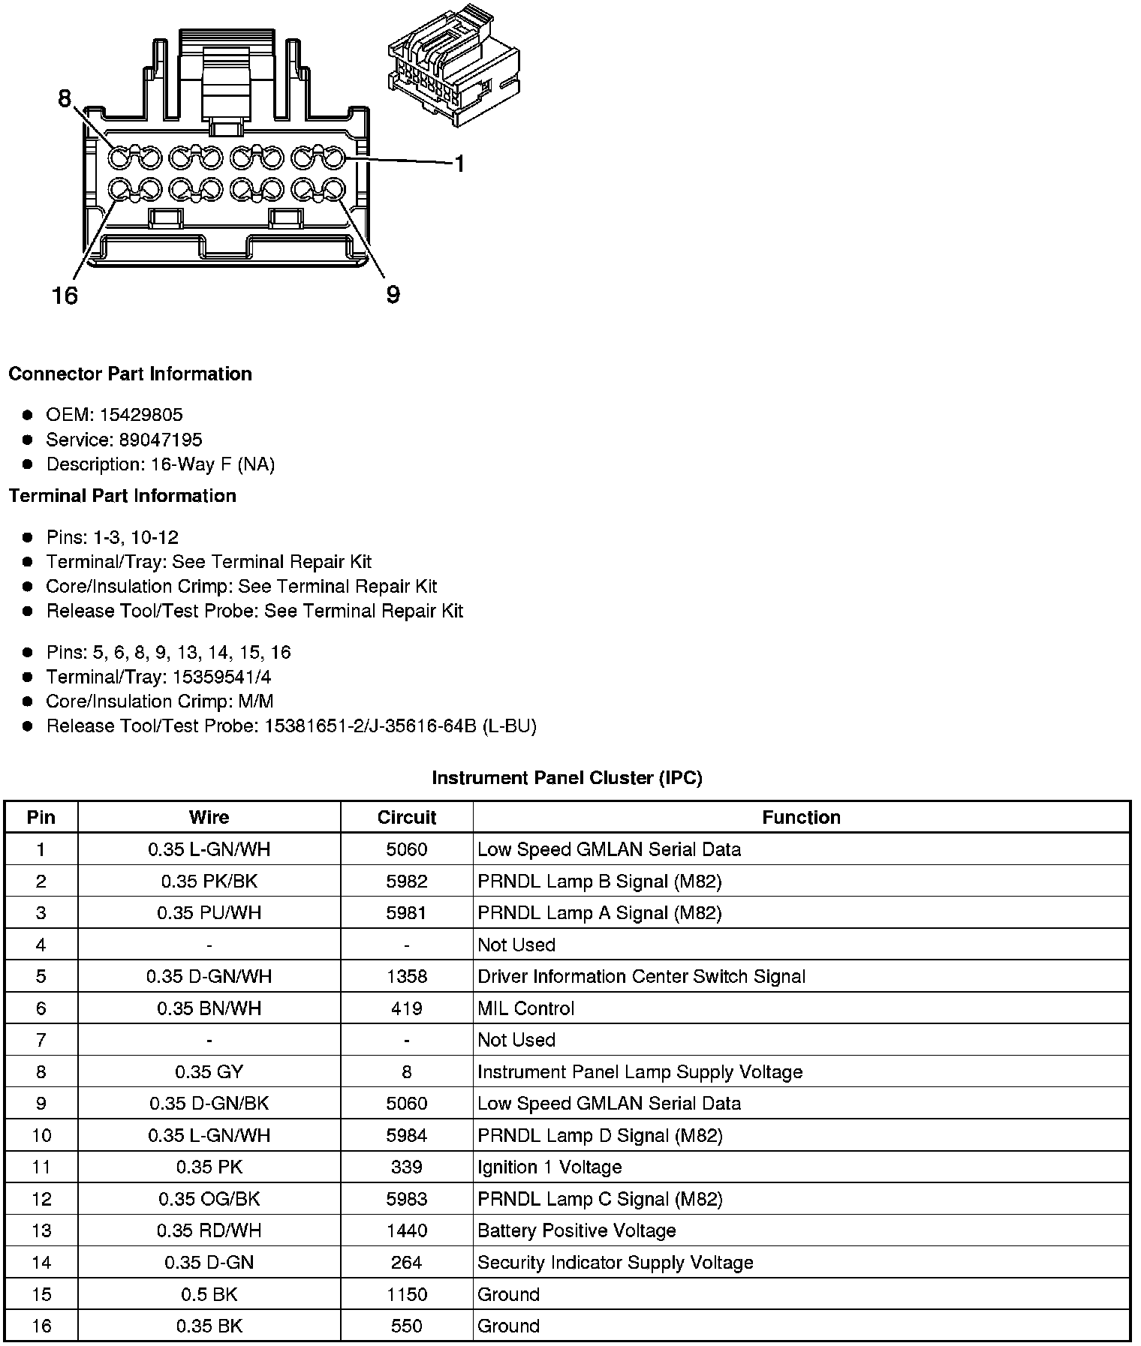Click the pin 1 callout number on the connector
coord(459,164)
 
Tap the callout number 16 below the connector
coord(65,296)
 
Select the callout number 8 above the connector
coord(65,98)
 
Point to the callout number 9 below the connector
coord(393,295)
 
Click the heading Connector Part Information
coord(130,374)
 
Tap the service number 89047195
coord(160,440)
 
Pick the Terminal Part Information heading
coord(122,496)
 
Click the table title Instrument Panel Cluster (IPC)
coord(567,778)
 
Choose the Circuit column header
coord(406,817)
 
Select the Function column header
coord(801,817)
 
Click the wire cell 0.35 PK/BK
coord(209,881)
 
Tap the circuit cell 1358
coord(406,976)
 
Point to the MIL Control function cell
coord(525,1008)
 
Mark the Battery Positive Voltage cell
coord(577,1230)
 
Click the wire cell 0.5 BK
coord(209,1294)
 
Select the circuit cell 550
coord(406,1326)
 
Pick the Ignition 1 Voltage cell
coord(549,1167)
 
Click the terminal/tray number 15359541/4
coord(221,677)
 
